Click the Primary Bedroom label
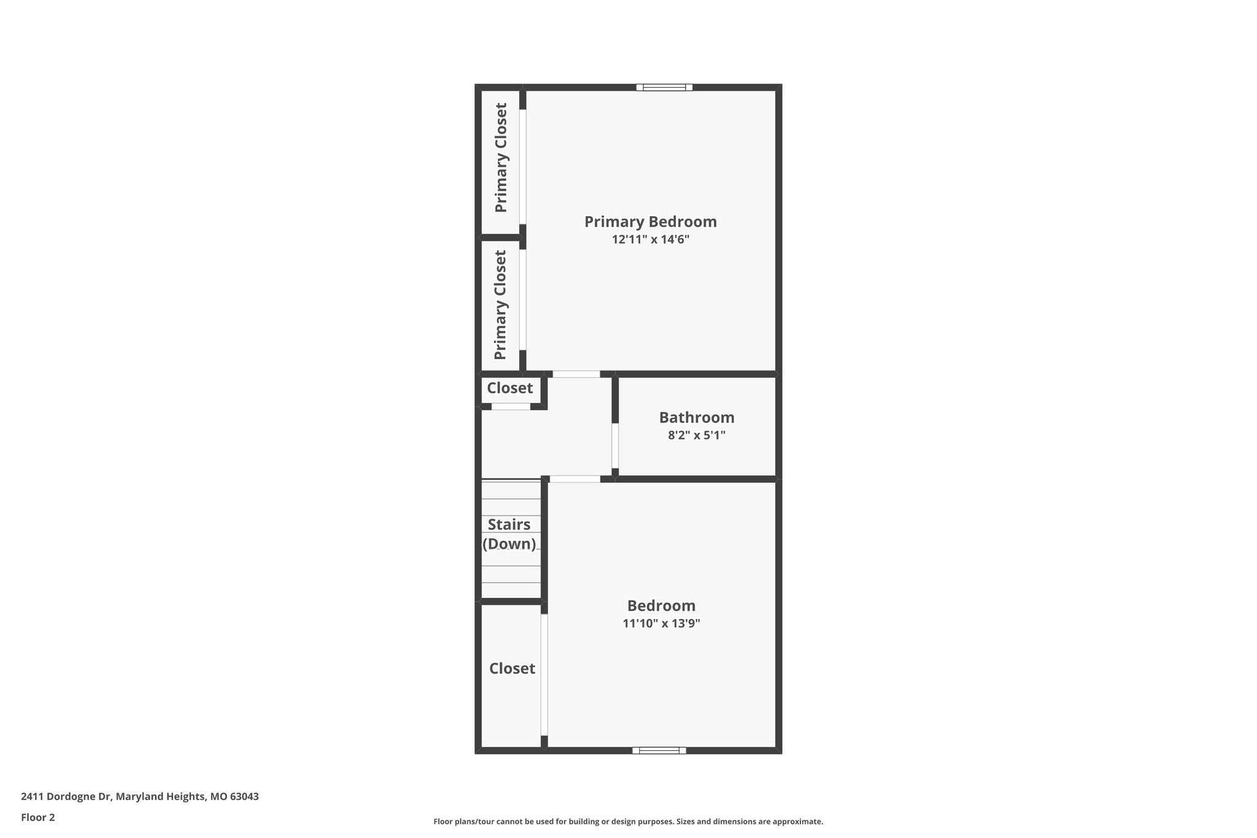650,222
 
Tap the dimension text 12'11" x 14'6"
650,239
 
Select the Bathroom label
697,417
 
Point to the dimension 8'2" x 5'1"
697,435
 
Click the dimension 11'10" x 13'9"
661,624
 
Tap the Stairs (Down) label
509,534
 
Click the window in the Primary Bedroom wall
664,87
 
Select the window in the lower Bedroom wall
659,750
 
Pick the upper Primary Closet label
501,158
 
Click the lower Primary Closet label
501,305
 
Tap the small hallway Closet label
509,388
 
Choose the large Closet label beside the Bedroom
512,669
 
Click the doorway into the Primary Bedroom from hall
576,374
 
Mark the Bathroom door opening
615,446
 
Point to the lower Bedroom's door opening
574,479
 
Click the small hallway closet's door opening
511,406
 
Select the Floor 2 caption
38,817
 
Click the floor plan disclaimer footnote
628,821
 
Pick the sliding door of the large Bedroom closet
544,674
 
